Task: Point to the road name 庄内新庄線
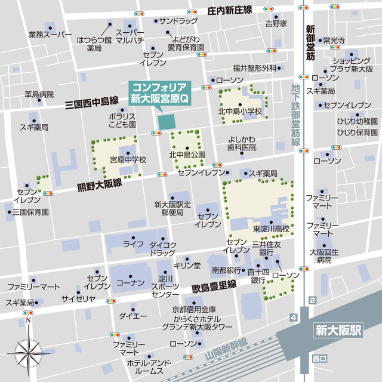pos(230,11)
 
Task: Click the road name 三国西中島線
pos(92,103)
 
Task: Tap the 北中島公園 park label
pos(187,155)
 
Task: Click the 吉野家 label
pos(276,23)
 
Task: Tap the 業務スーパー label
pos(50,35)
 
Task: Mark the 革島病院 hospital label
pos(39,94)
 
